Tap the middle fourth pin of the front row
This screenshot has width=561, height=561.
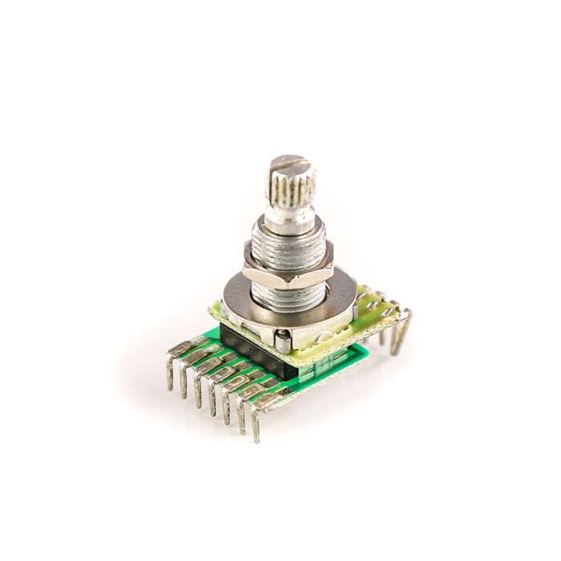[212, 397]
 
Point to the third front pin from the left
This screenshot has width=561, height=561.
[198, 388]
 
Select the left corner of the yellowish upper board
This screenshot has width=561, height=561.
[215, 309]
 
